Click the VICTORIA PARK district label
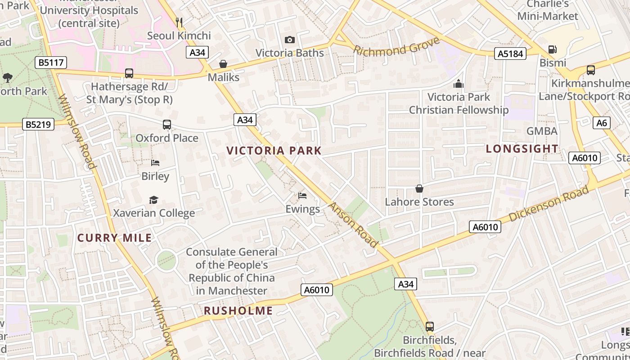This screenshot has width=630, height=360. click(x=274, y=151)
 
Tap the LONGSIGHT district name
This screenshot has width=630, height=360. click(x=522, y=148)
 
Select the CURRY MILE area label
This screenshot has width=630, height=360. click(x=114, y=238)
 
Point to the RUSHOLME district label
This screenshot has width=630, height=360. click(x=238, y=311)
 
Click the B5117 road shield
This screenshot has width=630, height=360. click(x=51, y=63)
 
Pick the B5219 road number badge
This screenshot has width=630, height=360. click(x=38, y=125)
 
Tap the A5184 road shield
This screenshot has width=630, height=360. click(x=510, y=54)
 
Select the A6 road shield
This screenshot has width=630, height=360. click(x=601, y=123)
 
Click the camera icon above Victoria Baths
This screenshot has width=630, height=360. click(x=290, y=40)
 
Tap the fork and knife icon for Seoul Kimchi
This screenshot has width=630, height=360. click(x=179, y=22)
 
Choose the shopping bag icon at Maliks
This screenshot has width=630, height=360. click(x=223, y=64)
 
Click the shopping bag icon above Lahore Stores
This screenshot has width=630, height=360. click(x=419, y=189)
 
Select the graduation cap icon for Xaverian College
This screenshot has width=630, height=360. click(x=154, y=200)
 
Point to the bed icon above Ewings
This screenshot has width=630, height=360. click(x=302, y=196)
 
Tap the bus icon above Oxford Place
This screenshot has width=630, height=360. click(x=167, y=125)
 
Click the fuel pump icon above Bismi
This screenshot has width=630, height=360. click(x=552, y=49)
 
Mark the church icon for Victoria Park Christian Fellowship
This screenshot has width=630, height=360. click(x=459, y=84)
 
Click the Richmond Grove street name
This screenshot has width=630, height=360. click(x=396, y=46)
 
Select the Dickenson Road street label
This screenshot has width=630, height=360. click(x=549, y=204)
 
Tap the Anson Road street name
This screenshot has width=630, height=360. click(x=353, y=225)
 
